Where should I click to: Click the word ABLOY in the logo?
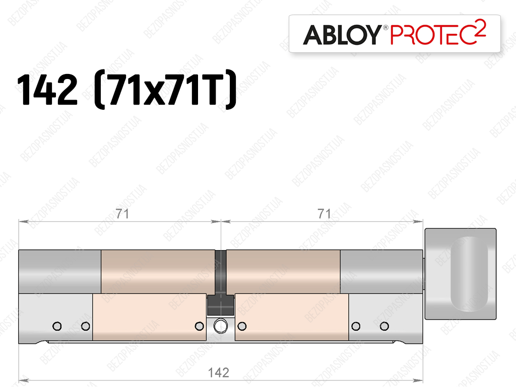[342, 35]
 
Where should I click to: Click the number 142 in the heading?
[47, 89]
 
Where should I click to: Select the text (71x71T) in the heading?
[165, 89]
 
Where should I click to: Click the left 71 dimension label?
[122, 214]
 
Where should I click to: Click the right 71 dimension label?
[324, 214]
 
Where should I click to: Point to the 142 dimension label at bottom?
[219, 372]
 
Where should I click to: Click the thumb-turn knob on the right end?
[461, 274]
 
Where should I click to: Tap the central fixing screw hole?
[221, 326]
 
